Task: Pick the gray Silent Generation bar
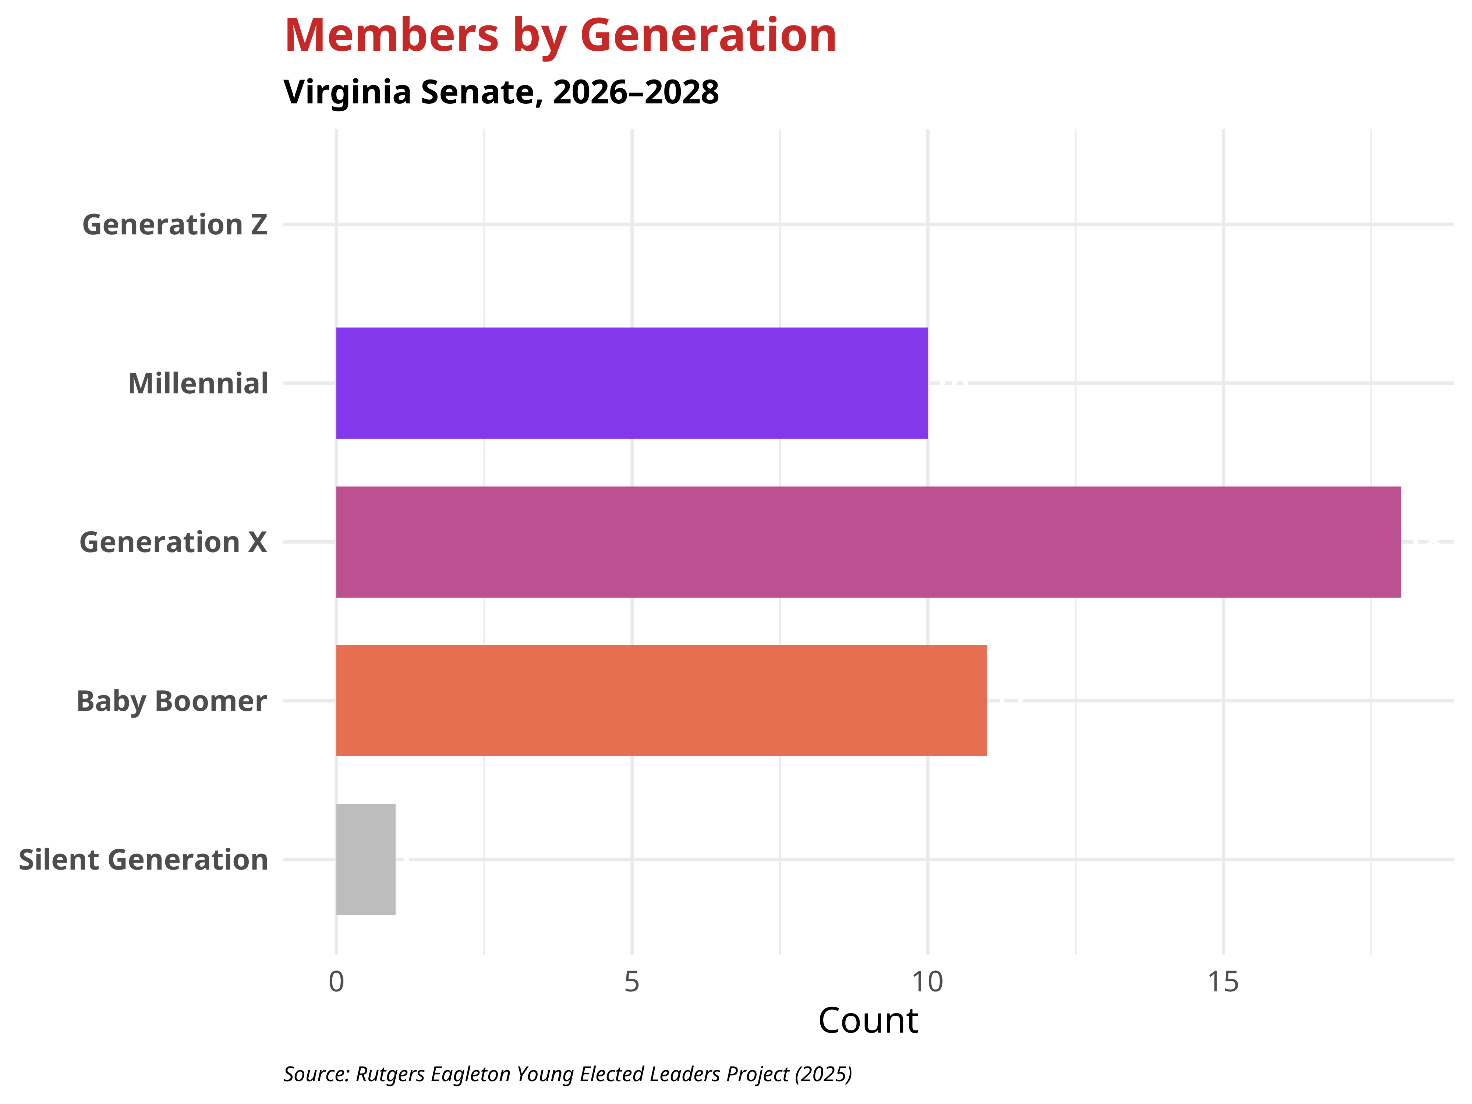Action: [365, 859]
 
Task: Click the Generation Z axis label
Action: [174, 225]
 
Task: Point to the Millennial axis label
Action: [198, 384]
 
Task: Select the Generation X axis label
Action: [173, 542]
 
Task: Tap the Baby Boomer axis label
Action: [172, 701]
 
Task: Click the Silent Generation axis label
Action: [143, 860]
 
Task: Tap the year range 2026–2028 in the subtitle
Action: [636, 92]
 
